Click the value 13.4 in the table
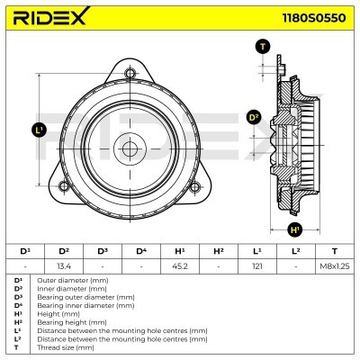[x=64, y=265]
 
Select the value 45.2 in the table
[x=179, y=265]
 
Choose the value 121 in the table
[x=256, y=265]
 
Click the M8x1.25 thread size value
[x=335, y=265]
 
